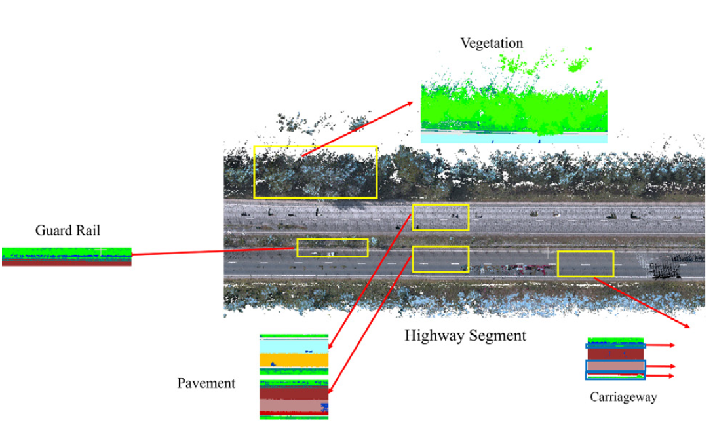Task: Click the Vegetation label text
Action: [492, 43]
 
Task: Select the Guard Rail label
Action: [68, 231]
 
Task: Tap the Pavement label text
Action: [206, 383]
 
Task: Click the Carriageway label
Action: [623, 397]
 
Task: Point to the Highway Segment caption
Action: [465, 336]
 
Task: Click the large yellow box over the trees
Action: [315, 172]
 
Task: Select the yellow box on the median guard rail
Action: [332, 248]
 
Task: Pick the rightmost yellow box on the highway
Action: [585, 263]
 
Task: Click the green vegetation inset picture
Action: [513, 105]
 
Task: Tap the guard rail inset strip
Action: [66, 256]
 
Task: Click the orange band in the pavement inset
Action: [294, 360]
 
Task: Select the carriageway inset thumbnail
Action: [615, 358]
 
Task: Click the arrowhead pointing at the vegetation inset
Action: [410, 104]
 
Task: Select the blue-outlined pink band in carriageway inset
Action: [615, 366]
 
